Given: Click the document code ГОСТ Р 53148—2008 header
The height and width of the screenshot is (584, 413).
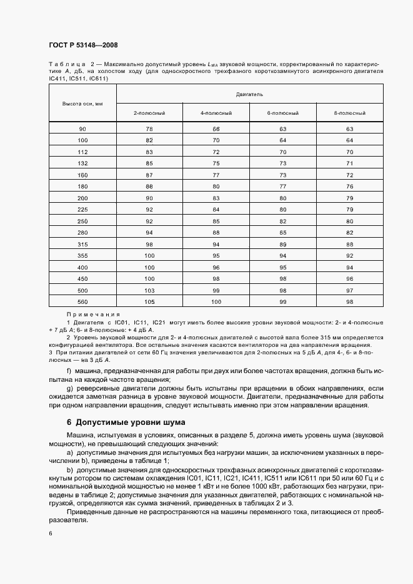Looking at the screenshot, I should click(x=83, y=45).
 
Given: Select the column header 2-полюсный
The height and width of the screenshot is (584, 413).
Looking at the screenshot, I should click(x=149, y=113).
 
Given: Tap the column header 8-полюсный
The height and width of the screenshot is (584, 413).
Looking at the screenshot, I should click(x=349, y=113).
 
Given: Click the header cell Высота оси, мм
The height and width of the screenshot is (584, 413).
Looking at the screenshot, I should click(x=82, y=103).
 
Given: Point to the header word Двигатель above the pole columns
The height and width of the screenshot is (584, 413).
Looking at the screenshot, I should click(x=249, y=93).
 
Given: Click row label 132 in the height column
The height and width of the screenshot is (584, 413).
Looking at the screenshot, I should click(x=82, y=163).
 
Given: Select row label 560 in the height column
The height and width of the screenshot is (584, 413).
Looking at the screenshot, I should click(x=82, y=301).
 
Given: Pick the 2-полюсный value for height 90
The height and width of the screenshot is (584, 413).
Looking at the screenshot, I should click(x=149, y=129).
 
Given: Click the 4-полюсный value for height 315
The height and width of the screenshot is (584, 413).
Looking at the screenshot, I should click(x=216, y=243).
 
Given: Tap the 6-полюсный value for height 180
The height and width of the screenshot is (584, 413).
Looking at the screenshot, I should click(x=282, y=186).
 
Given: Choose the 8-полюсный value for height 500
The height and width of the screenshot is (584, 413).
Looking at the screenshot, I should click(x=349, y=290).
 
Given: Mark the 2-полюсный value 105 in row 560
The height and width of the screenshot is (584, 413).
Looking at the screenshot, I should click(x=149, y=301).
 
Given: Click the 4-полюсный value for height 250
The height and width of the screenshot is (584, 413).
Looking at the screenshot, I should click(x=216, y=220).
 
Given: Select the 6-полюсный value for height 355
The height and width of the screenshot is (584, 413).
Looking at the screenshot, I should click(x=282, y=255).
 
